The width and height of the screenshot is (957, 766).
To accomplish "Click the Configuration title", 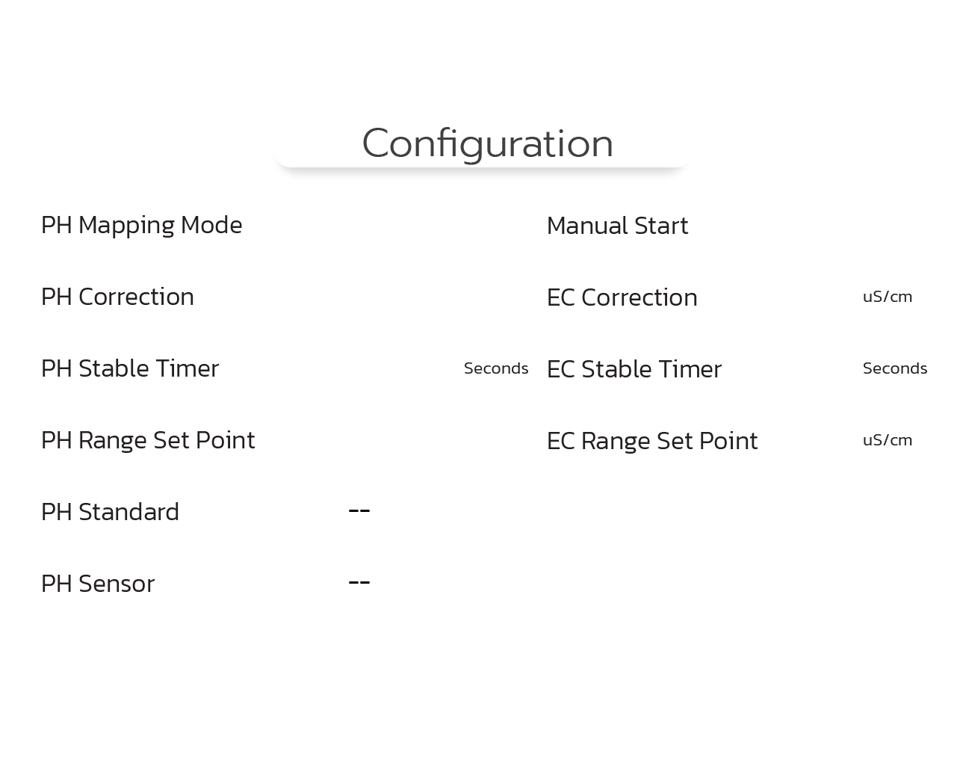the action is (488, 143).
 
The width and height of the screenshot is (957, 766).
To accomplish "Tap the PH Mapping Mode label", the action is (141, 226).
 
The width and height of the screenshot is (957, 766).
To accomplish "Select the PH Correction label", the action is (117, 297).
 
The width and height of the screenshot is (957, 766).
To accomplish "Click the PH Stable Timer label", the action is (130, 368).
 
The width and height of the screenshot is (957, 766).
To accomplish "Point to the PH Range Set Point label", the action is (148, 441).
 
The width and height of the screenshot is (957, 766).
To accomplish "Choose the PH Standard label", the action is (110, 512).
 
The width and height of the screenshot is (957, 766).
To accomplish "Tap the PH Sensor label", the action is (98, 584).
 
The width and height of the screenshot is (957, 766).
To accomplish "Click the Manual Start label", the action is (618, 226).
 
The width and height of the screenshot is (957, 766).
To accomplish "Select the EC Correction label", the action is (622, 297).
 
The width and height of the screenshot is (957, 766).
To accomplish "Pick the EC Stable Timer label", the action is (634, 369).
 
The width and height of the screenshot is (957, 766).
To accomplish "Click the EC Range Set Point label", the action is (652, 442).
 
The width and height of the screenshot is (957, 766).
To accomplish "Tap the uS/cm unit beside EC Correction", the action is (888, 297).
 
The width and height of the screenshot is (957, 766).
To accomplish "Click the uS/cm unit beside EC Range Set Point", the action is (888, 440).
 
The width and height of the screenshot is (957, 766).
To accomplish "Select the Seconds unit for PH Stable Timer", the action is (496, 368).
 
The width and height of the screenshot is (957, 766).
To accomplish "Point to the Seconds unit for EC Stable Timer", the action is (895, 368).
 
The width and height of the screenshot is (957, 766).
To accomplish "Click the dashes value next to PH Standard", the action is (359, 510).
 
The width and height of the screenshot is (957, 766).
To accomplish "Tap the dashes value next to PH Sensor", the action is (359, 582).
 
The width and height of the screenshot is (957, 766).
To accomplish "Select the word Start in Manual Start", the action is (661, 226).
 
